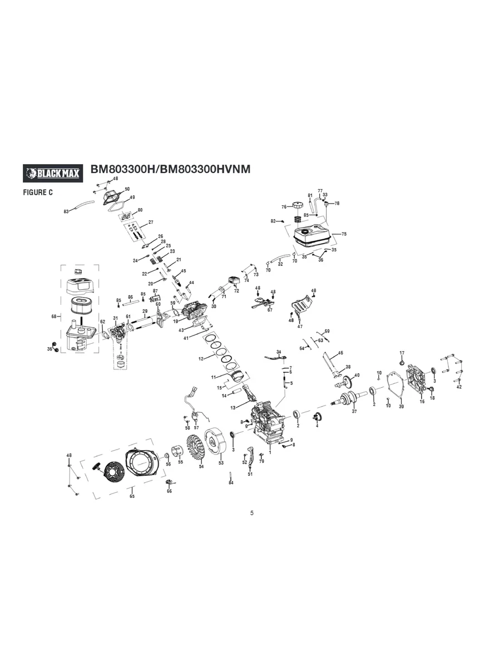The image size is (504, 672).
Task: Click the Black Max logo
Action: [x=52, y=174]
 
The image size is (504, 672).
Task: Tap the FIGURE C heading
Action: [x=37, y=192]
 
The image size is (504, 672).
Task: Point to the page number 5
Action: [x=251, y=513]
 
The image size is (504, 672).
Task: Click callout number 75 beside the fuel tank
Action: [x=344, y=234]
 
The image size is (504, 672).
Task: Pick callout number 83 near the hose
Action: [x=66, y=211]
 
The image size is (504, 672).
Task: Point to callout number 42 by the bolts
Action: [x=458, y=387]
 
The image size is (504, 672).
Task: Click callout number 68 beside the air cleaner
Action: [x=54, y=317]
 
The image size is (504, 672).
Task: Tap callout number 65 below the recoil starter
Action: [x=132, y=496]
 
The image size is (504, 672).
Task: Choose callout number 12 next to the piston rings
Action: [x=201, y=359]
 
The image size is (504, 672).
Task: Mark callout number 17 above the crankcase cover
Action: [x=402, y=353]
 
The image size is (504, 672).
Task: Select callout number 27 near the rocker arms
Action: [x=150, y=223]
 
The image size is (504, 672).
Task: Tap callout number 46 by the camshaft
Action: [x=340, y=353]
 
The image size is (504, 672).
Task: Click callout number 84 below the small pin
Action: [x=231, y=483]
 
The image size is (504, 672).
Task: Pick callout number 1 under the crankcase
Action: [x=270, y=453]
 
